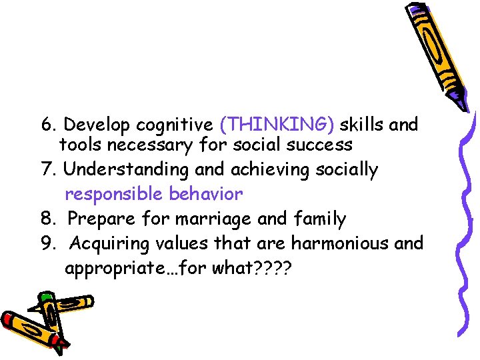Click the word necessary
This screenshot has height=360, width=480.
click(x=151, y=144)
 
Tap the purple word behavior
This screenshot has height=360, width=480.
click(x=205, y=194)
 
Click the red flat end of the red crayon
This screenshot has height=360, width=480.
click(x=9, y=320)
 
